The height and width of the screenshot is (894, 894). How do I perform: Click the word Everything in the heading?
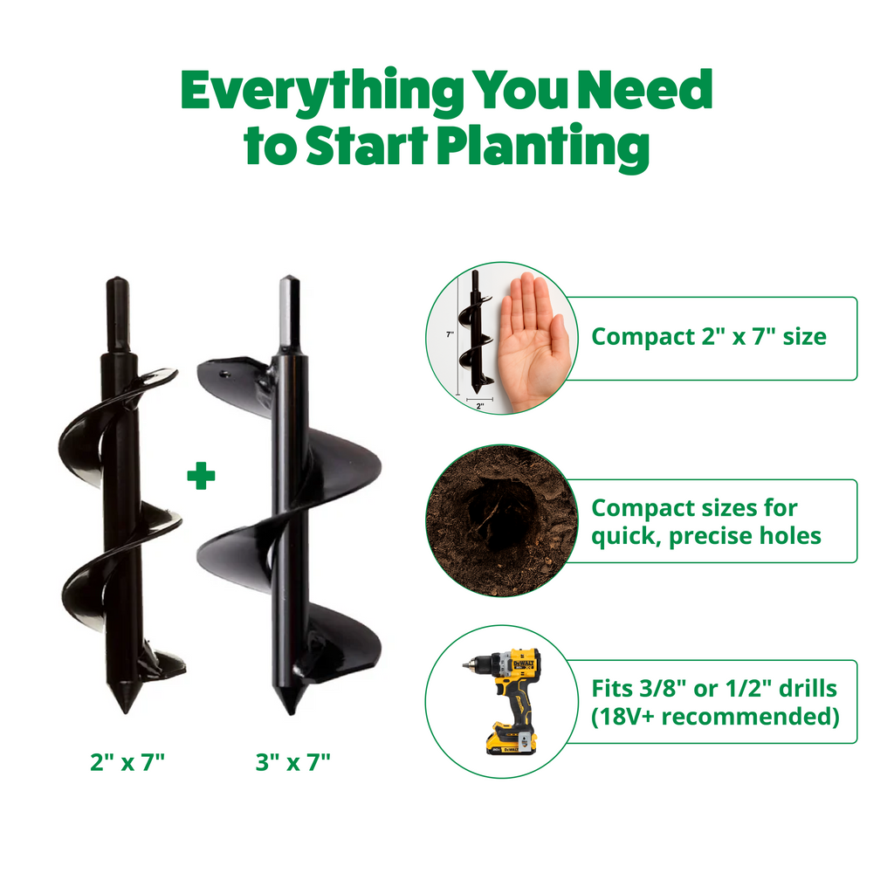(322, 91)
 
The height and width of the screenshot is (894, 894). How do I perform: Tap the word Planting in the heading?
(543, 146)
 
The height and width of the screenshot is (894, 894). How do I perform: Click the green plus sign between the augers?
(202, 476)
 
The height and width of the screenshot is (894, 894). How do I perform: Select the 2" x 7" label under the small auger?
(127, 761)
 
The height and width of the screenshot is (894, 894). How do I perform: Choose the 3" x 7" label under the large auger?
(293, 761)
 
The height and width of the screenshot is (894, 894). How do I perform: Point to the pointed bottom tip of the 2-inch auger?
(125, 711)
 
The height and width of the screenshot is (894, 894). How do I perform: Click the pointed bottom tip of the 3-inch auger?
(291, 712)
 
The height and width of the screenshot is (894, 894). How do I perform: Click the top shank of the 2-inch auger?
(118, 314)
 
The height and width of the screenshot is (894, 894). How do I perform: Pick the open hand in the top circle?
(533, 341)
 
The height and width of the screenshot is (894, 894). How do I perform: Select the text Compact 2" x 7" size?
(709, 336)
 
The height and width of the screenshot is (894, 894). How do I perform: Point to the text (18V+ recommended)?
(715, 716)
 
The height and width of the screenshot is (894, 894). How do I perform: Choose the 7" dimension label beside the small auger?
(450, 334)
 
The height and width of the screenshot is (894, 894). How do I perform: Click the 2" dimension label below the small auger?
(480, 406)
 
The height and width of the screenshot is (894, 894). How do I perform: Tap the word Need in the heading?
(645, 89)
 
